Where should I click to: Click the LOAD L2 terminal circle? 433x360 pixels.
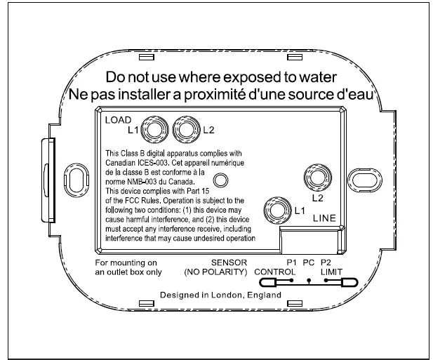pos(185,130)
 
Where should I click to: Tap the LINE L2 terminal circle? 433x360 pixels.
pos(312,176)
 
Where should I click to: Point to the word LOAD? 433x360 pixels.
pos(117,120)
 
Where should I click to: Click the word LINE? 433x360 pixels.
pos(325,219)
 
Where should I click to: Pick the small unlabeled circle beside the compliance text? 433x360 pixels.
pos(220,181)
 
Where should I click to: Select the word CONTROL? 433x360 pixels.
pos(272,271)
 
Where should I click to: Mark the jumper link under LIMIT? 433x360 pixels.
pos(342,283)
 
